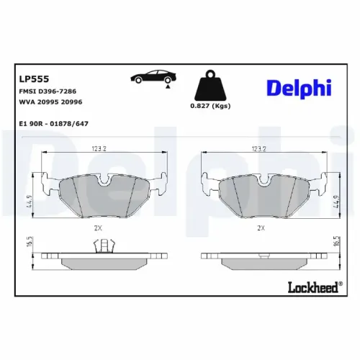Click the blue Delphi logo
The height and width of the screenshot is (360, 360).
[299, 88]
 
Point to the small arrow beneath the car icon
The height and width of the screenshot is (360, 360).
[168, 86]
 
